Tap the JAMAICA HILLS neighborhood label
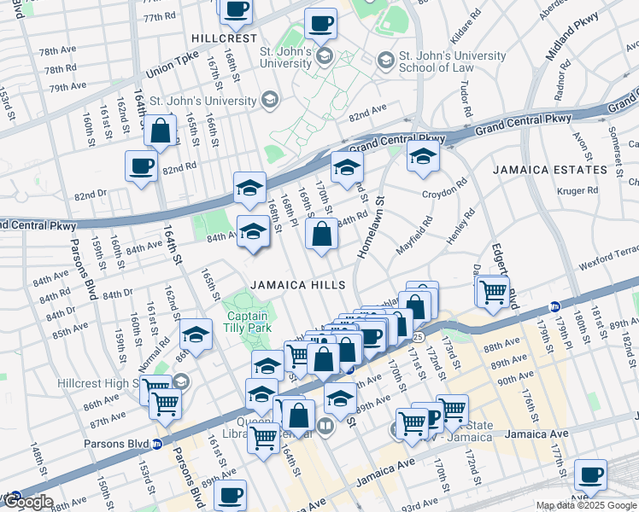pyautogui.click(x=297, y=285)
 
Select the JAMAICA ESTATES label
pyautogui.click(x=548, y=170)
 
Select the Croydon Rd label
pyautogui.click(x=445, y=188)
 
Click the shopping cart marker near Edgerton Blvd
pyautogui.click(x=494, y=291)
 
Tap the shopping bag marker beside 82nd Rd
pyautogui.click(x=161, y=131)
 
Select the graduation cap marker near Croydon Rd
pyautogui.click(x=422, y=157)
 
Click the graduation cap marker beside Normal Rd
pyautogui.click(x=196, y=335)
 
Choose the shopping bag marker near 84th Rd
pyautogui.click(x=320, y=236)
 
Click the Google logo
pyautogui.click(x=27, y=503)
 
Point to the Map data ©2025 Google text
pyautogui.click(x=585, y=505)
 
